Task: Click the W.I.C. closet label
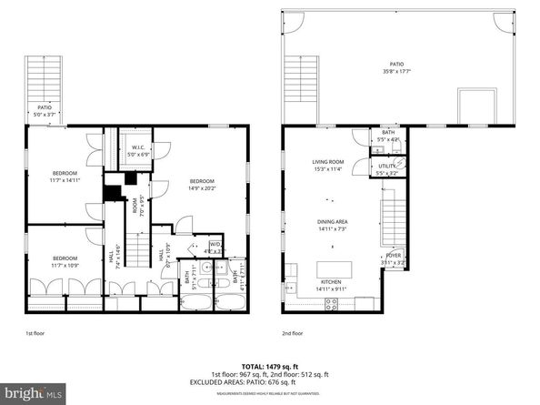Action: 137,151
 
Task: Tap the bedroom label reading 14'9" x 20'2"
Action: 202,186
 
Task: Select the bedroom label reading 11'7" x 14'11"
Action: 64,177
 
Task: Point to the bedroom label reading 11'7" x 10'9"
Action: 64,260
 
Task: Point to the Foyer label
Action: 393,258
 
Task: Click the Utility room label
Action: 388,167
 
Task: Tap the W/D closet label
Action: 215,247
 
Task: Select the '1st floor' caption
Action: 35,333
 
